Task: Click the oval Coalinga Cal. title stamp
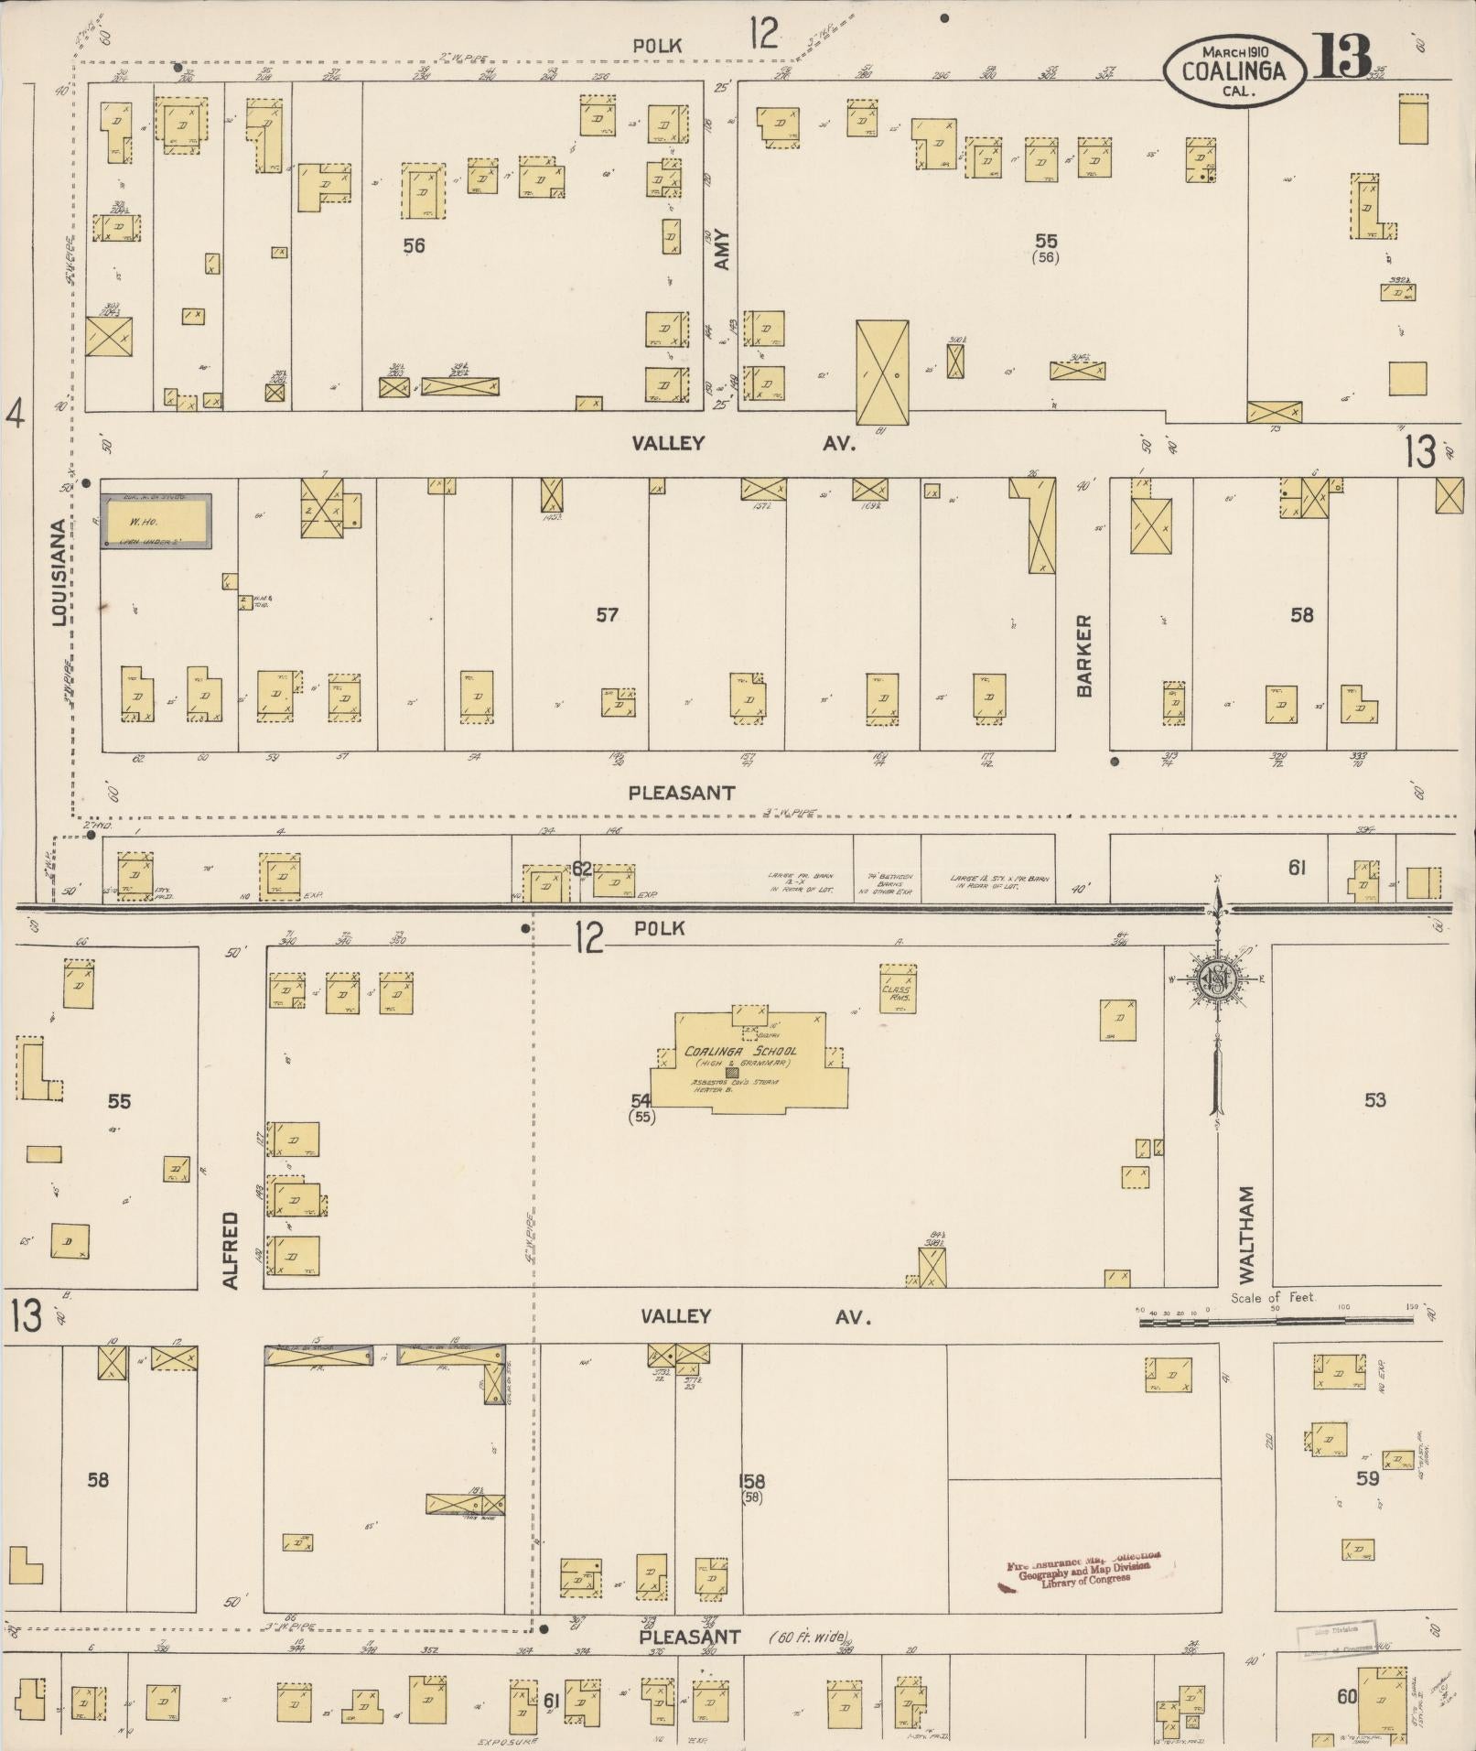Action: pos(1234,70)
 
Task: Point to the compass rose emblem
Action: pos(1218,978)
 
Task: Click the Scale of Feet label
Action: pos(1272,1297)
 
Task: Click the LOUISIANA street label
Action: pos(59,573)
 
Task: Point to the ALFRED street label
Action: pos(230,1250)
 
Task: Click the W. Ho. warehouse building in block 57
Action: pos(156,522)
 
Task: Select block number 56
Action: pos(414,245)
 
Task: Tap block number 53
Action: pos(1374,1100)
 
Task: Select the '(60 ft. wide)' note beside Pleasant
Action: pos(809,1637)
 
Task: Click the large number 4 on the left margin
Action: pos(15,416)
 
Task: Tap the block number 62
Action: pos(582,868)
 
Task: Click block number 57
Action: pos(607,615)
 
